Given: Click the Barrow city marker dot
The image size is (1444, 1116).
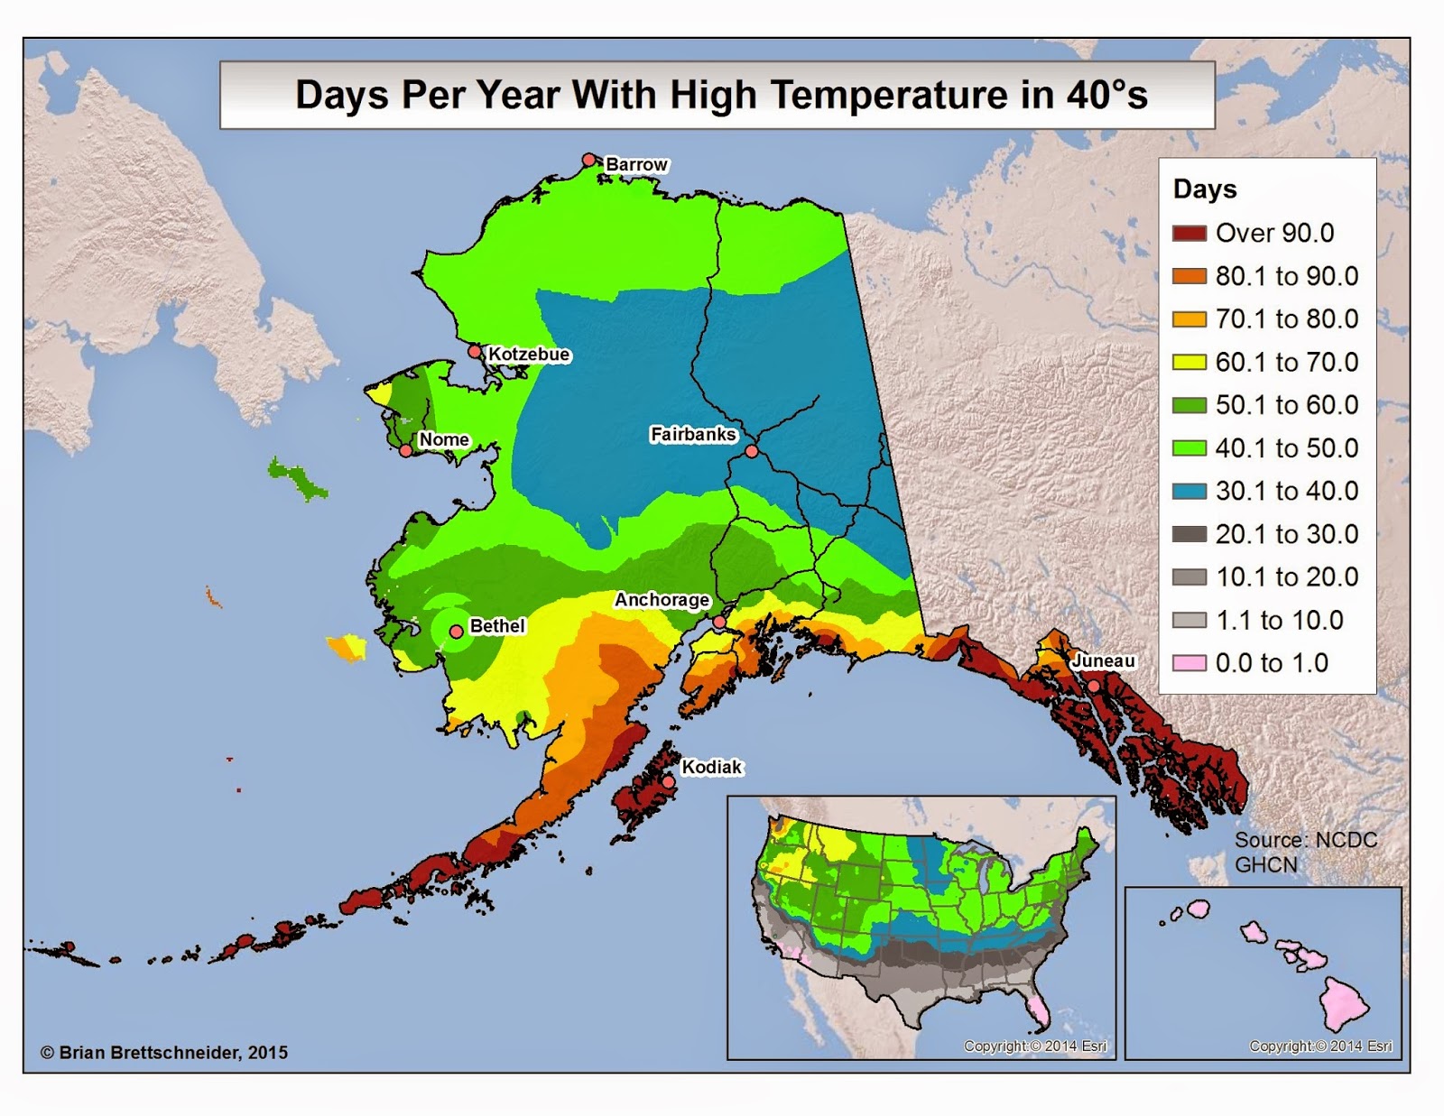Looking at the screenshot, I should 588,160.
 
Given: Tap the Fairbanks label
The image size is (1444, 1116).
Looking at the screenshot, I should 693,435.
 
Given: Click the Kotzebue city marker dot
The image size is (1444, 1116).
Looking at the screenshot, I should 475,351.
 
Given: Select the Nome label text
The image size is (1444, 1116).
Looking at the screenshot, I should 444,439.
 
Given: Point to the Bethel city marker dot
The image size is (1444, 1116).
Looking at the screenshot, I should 457,632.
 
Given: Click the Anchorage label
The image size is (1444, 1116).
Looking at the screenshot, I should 662,600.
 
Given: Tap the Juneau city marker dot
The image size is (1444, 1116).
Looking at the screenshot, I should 1093,687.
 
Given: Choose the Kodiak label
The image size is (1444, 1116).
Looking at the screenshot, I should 711,767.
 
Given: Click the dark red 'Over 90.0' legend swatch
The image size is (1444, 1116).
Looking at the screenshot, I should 1189,233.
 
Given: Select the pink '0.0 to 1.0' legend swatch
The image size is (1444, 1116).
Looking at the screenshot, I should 1189,663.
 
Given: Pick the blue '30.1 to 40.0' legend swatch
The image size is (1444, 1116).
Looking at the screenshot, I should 1189,491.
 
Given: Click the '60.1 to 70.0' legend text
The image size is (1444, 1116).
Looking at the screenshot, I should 1286,362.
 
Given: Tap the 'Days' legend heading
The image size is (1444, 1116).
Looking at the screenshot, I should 1205,189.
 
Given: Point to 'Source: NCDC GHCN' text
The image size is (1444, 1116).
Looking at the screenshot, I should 1304,852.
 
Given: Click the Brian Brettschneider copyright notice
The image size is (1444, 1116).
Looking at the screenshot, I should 164,1052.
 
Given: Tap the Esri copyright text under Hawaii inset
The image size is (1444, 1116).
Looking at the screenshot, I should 1320,1047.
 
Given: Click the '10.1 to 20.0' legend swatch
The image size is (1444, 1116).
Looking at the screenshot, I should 1189,577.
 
